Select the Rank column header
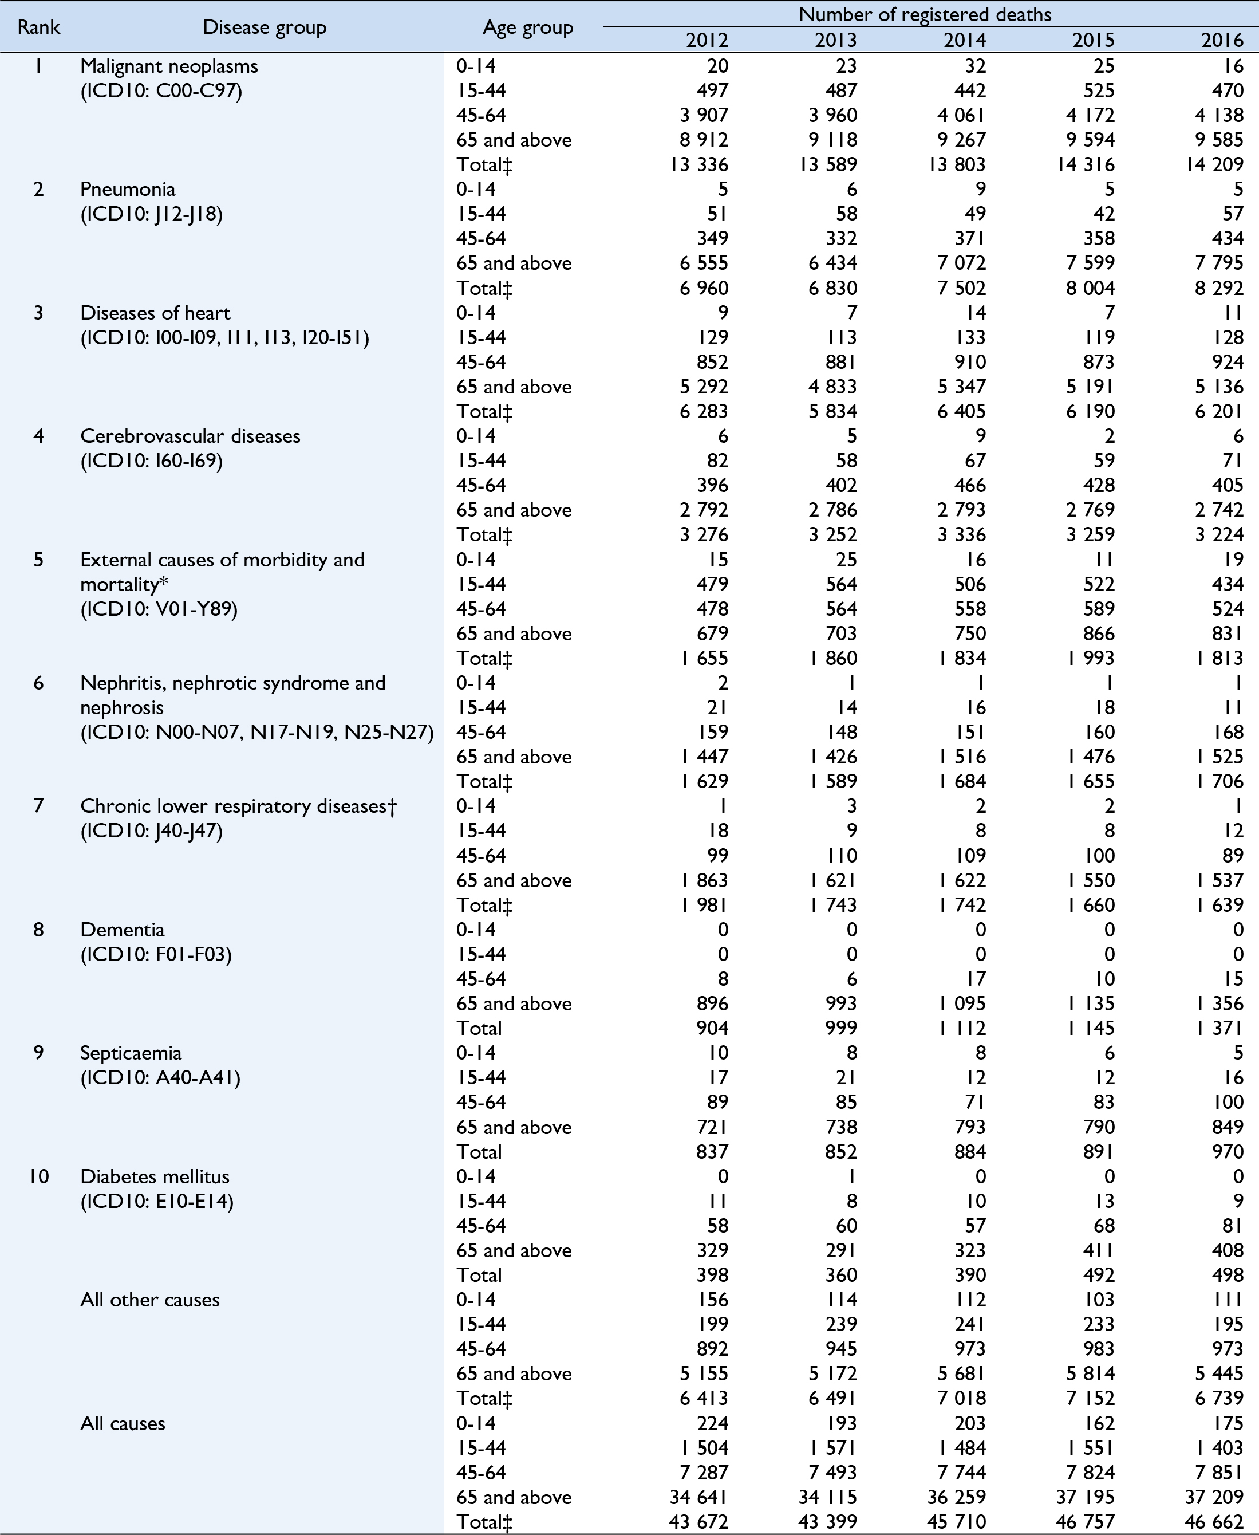[38, 27]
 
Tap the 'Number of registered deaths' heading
[925, 14]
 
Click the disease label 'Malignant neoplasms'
[169, 66]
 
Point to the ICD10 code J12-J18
[152, 214]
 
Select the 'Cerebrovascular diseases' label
[190, 436]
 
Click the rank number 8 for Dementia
[38, 929]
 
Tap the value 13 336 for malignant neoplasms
[699, 165]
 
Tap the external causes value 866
[1099, 633]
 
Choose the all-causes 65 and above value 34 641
[699, 1497]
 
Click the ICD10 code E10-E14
[157, 1201]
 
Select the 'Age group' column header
[527, 27]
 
